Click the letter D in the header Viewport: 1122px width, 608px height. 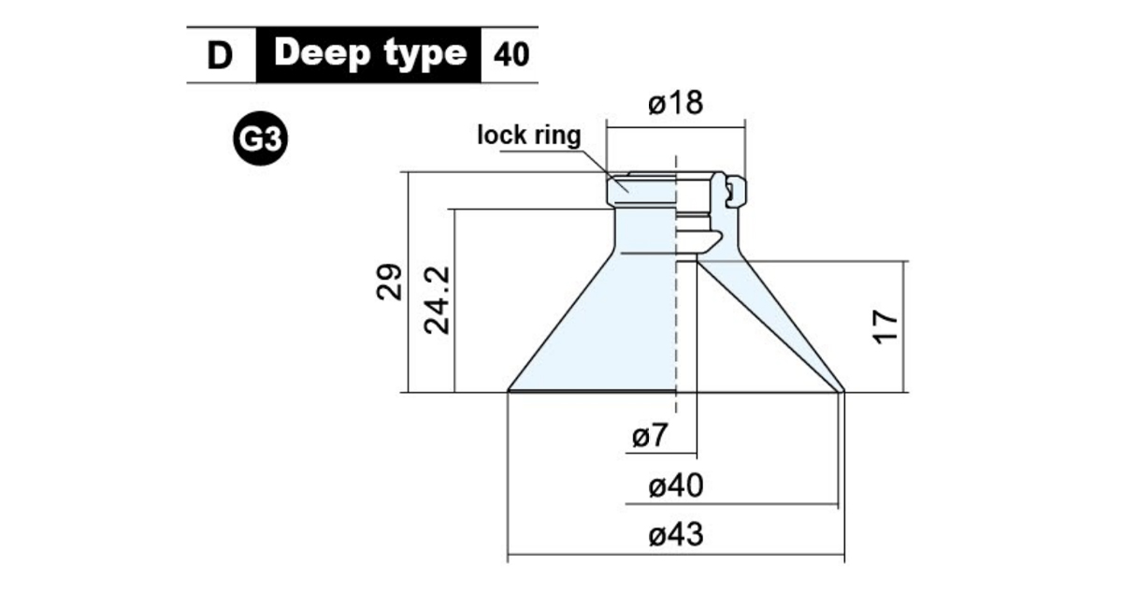pos(220,55)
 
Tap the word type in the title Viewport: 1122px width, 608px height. pos(425,54)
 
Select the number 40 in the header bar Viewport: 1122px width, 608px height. pos(511,54)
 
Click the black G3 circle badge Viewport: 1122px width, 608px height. pos(261,138)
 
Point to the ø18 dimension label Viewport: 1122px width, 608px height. pos(675,103)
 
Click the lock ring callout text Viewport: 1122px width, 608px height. pos(529,136)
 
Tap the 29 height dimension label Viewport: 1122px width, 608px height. pos(389,282)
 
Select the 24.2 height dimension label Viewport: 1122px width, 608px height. pos(437,300)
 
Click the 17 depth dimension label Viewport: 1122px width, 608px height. pos(885,326)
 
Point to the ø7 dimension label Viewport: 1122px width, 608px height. pos(650,435)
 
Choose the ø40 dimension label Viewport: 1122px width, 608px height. pos(676,485)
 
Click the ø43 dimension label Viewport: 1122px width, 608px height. pos(676,534)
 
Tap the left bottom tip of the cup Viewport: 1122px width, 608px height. pos(508,390)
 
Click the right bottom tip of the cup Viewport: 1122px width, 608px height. pos(843,390)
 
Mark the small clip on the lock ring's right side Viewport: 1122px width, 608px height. pos(737,191)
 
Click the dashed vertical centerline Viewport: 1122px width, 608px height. pos(676,284)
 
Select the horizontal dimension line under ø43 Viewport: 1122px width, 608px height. pos(676,555)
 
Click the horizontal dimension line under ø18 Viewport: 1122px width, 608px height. pos(676,127)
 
